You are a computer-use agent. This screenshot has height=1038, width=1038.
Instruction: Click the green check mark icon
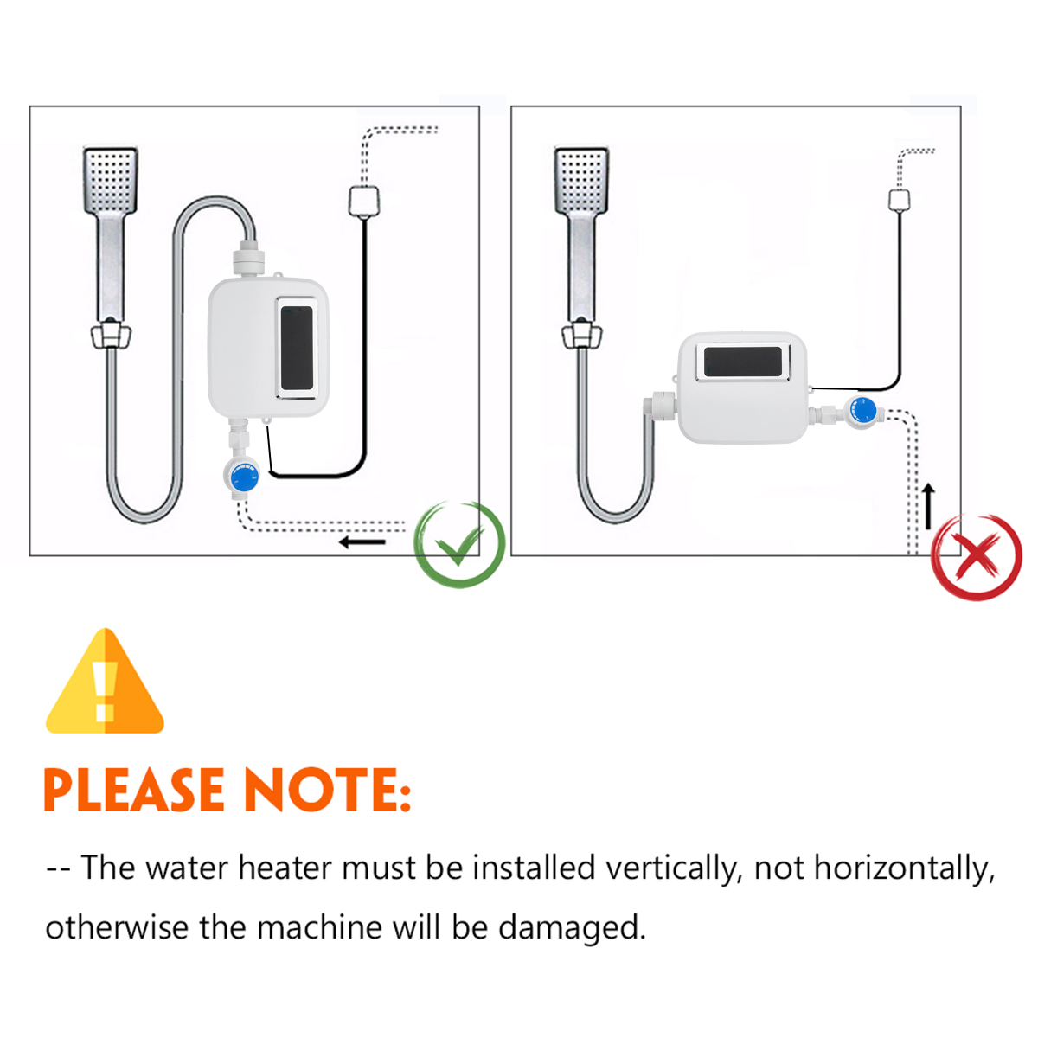click(459, 545)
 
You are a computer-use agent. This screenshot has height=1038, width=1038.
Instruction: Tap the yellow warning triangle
click(105, 683)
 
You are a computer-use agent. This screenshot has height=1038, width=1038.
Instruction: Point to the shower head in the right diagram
click(581, 180)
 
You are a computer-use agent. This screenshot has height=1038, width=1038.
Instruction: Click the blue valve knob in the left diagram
click(245, 477)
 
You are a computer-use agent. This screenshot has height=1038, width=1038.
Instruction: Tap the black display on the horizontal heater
click(746, 361)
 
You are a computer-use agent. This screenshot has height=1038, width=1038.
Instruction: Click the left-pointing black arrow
click(362, 542)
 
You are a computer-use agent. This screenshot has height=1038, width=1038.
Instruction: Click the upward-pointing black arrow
click(929, 506)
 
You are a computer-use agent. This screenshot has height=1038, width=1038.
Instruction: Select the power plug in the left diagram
click(364, 201)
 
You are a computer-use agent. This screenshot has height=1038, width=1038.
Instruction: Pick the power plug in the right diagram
click(900, 200)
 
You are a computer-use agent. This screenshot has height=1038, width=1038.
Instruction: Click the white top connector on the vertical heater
click(248, 260)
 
